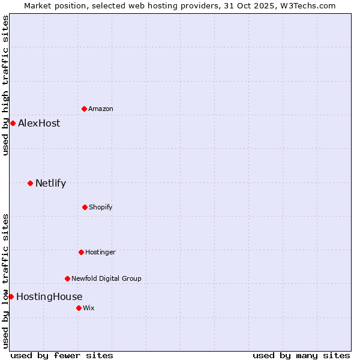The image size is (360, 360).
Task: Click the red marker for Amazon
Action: click(84, 109)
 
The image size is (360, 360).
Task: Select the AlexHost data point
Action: click(13, 123)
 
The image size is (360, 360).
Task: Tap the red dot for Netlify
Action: click(30, 183)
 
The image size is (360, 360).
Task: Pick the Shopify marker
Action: click(85, 207)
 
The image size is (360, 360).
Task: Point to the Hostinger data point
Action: click(81, 252)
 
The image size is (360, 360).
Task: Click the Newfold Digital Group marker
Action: click(67, 278)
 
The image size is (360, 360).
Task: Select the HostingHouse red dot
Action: click(11, 296)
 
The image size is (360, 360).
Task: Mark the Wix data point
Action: click(79, 308)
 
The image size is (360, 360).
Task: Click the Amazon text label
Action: click(101, 109)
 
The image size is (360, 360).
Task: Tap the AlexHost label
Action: click(39, 123)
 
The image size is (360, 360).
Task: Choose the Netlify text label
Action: click(50, 183)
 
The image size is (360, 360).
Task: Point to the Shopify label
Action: click(101, 207)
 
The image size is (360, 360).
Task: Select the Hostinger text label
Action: click(100, 252)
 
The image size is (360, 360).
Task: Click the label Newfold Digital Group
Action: click(106, 278)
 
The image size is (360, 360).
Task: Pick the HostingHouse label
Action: click(49, 296)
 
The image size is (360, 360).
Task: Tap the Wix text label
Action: click(89, 308)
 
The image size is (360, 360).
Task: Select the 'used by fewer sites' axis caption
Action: click(62, 355)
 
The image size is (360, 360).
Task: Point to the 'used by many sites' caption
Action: click(301, 355)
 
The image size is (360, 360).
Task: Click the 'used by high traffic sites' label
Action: click(5, 86)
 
